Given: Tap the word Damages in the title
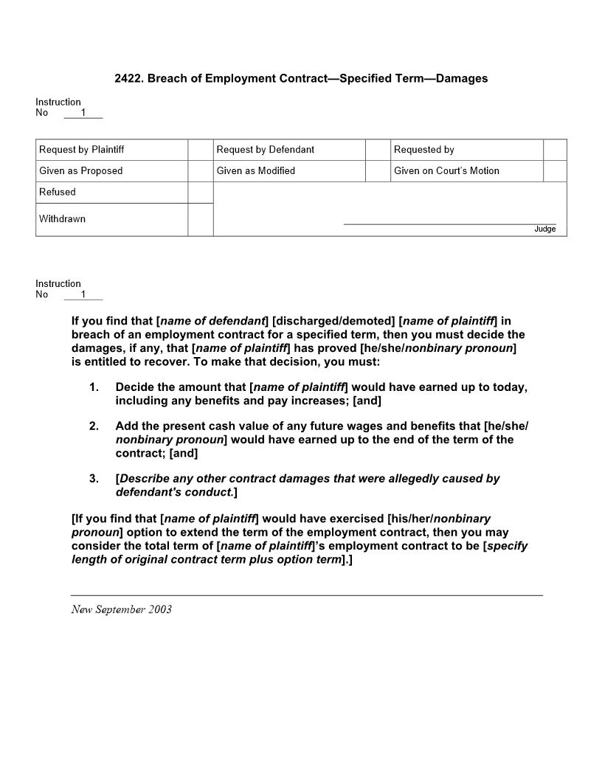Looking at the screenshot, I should (x=462, y=78).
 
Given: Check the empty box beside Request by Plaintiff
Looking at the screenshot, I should (x=201, y=150).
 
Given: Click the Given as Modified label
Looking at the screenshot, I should (x=256, y=171).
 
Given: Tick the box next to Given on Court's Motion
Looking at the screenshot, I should (x=555, y=171).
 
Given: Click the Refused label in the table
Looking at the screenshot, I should (x=58, y=193).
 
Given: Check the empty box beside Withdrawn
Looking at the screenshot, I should (x=201, y=220).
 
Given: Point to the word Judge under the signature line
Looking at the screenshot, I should (x=545, y=229).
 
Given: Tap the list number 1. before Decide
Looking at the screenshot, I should (x=94, y=387).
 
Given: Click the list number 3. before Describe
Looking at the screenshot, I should (x=94, y=479).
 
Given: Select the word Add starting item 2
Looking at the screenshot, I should (x=126, y=426).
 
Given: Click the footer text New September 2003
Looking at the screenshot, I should (x=122, y=609).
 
